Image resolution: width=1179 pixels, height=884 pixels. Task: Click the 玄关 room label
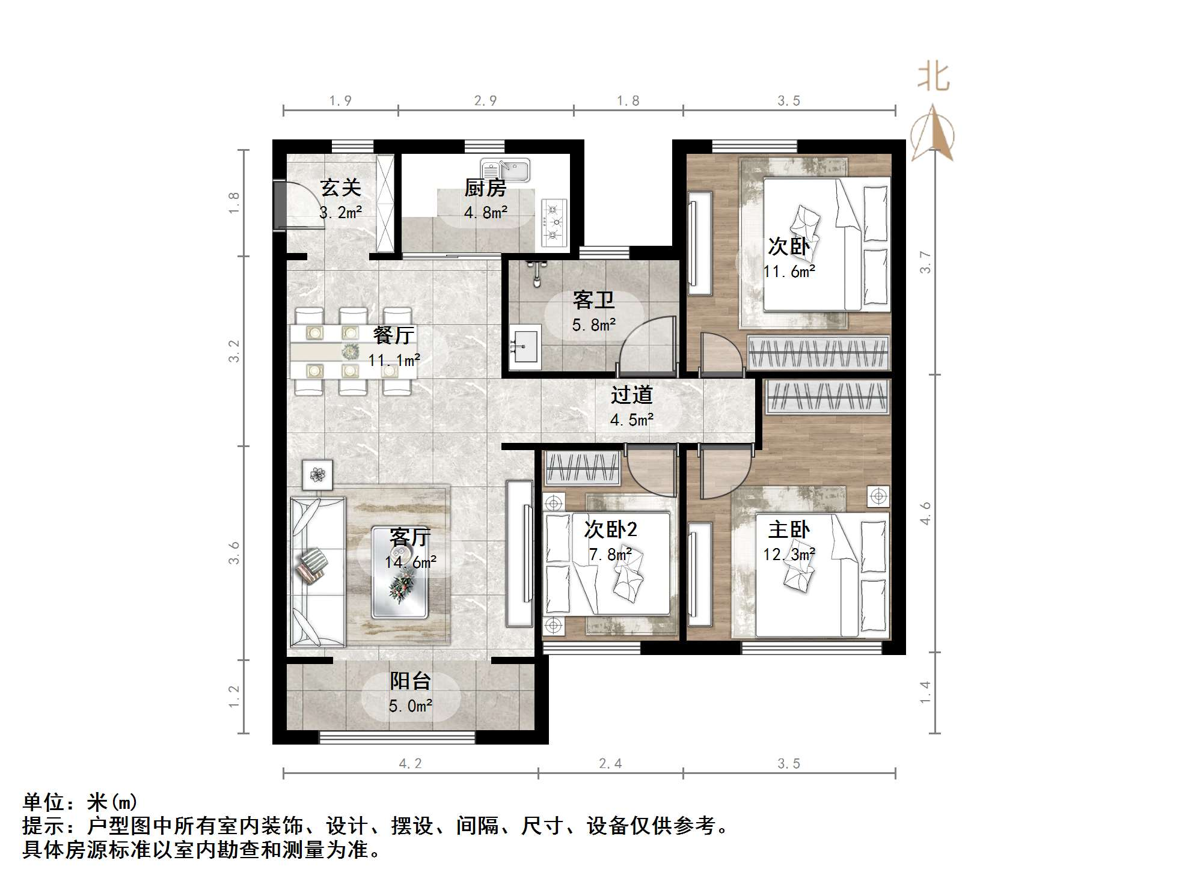pyautogui.click(x=340, y=187)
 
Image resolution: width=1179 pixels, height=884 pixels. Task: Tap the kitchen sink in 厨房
pyautogui.click(x=505, y=170)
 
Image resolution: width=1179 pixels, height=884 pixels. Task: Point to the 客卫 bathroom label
pyautogui.click(x=593, y=300)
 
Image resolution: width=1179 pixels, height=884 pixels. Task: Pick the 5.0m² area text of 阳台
pyautogui.click(x=411, y=706)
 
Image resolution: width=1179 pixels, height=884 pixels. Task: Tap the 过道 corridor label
pyautogui.click(x=631, y=395)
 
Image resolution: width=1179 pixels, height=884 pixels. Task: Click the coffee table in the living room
pyautogui.click(x=400, y=572)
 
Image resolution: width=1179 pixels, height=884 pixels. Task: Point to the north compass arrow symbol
pyautogui.click(x=932, y=133)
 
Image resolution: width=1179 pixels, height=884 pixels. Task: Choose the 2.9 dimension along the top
pyautogui.click(x=485, y=101)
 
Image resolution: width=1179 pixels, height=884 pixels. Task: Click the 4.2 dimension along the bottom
pyautogui.click(x=410, y=763)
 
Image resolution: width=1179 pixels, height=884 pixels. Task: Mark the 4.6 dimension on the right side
pyautogui.click(x=925, y=513)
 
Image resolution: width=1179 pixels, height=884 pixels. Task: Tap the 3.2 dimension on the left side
pyautogui.click(x=234, y=351)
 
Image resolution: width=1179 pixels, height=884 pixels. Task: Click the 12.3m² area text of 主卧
pyautogui.click(x=789, y=553)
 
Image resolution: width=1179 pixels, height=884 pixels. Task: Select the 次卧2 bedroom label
pyautogui.click(x=610, y=529)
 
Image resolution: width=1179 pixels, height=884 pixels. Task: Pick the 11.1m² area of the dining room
pyautogui.click(x=394, y=360)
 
